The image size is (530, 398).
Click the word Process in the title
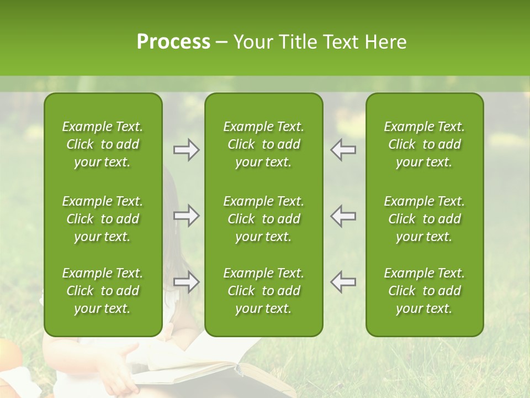click(173, 42)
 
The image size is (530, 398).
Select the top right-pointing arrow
click(187, 150)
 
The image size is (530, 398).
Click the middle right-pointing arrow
click(187, 216)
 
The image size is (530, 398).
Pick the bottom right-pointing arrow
click(187, 282)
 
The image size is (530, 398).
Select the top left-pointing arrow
click(343, 150)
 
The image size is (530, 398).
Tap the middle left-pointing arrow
click(343, 216)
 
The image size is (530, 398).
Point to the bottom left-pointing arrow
click(343, 282)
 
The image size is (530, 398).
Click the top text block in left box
click(103, 144)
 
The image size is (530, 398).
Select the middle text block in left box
click(103, 219)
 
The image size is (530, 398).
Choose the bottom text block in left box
click(103, 291)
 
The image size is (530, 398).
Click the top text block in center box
click(263, 144)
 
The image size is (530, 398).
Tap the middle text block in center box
click(263, 219)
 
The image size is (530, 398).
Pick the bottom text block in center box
click(263, 291)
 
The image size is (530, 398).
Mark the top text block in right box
click(424, 144)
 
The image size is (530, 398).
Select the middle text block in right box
click(424, 219)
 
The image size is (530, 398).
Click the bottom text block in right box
click(424, 291)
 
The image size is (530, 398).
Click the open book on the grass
click(221, 370)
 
